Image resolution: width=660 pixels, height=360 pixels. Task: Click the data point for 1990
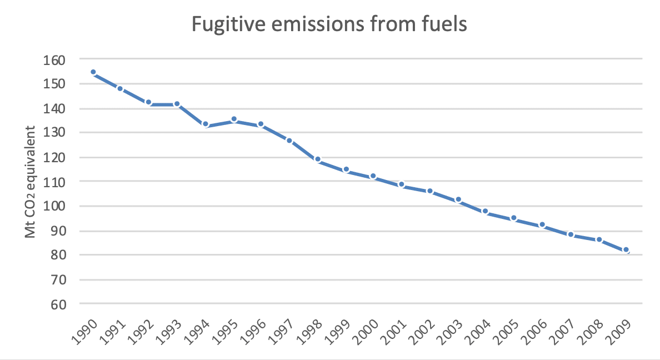pos(93,72)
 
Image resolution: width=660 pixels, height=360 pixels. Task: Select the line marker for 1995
pos(234,119)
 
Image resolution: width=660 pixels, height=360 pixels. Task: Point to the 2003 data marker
pos(458,199)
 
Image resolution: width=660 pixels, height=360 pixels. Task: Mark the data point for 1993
pos(177,104)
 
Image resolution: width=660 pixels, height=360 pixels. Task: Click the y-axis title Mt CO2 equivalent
pos(31,182)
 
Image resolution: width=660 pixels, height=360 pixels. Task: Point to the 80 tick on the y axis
pos(58,255)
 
